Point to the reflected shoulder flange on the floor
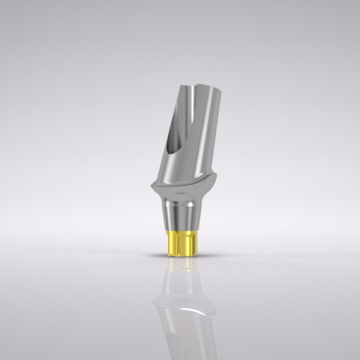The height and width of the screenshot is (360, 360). pos(179,308)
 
